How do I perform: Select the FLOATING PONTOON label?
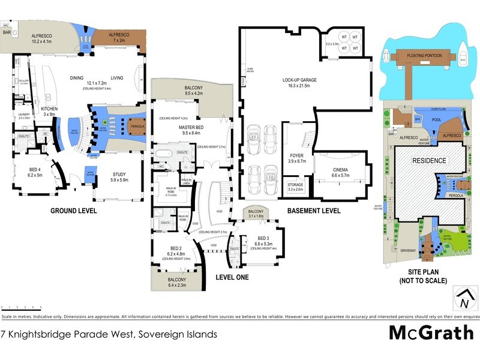click(424, 56)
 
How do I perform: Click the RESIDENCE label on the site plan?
click(428, 161)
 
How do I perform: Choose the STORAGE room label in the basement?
click(295, 185)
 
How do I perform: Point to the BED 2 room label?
click(176, 248)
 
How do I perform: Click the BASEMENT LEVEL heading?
click(314, 211)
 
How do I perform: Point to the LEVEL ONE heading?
click(232, 277)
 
